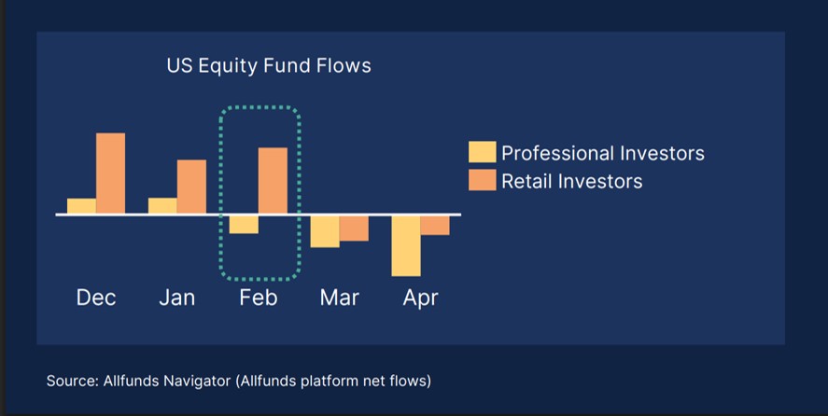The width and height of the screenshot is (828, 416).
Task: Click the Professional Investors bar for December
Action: pos(81,206)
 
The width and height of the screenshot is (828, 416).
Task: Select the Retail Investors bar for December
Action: pos(110,173)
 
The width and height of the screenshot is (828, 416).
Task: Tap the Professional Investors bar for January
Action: pos(162,205)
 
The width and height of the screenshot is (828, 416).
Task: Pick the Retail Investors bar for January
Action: pos(191,187)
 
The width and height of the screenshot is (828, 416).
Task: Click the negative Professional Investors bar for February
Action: pos(244,225)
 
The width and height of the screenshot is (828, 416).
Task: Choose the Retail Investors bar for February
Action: pos(273,181)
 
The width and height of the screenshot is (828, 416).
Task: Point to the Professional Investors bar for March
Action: pos(325,231)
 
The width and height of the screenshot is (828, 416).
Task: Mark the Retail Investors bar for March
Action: pos(354,229)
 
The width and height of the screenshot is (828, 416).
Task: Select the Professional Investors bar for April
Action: pos(406,245)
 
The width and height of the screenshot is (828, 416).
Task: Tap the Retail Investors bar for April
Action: pos(435,226)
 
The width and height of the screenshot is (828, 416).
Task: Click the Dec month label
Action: pos(96,298)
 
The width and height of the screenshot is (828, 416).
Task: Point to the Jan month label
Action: pos(177,298)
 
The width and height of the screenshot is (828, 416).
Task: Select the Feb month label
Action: pos(259,298)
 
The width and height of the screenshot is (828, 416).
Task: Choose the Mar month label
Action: pos(339,298)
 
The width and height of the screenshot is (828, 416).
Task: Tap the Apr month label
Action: pos(420,298)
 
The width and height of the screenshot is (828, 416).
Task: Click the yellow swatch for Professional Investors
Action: pos(482,152)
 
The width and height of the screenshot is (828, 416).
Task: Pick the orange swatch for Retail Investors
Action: pos(482,180)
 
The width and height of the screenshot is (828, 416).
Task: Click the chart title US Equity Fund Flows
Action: pos(269,66)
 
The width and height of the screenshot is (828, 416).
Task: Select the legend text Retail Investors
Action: pos(572,181)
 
